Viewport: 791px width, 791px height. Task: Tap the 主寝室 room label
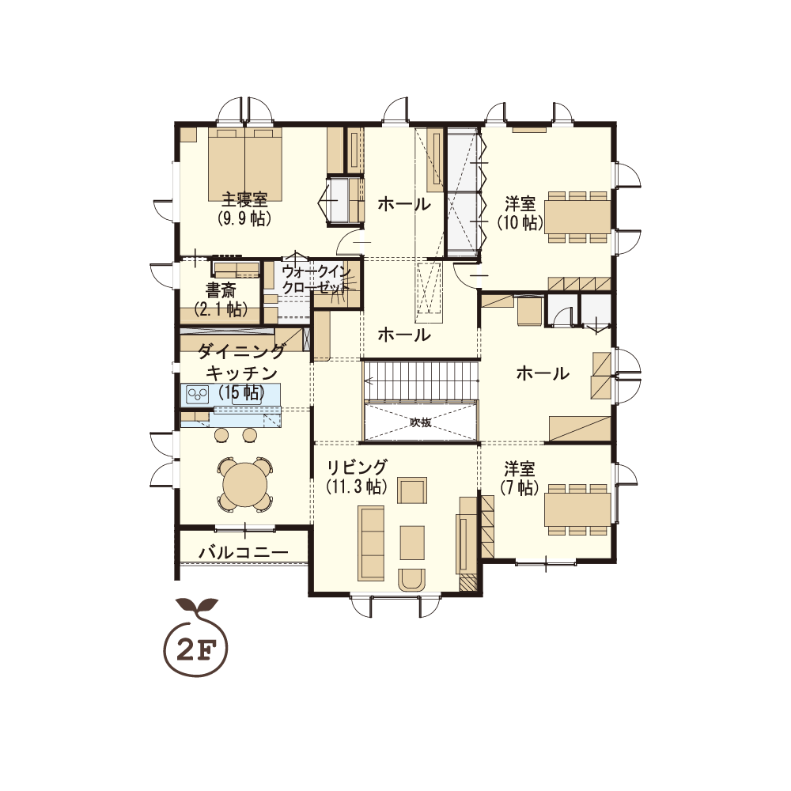pos(244,200)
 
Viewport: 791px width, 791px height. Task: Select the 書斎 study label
pos(221,290)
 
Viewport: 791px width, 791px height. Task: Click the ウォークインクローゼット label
pos(316,279)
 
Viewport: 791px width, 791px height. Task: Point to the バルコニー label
pos(243,552)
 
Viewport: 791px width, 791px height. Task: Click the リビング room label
pos(358,467)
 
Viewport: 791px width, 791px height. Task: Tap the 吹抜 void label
pos(420,422)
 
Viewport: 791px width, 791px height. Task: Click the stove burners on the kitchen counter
pos(198,393)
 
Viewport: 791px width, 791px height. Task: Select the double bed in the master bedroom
pos(245,165)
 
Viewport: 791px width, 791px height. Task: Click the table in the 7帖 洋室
pos(577,509)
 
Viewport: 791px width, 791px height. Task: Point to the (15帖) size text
pos(241,392)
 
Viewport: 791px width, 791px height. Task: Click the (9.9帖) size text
pos(244,218)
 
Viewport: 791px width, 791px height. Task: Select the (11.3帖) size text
pos(357,486)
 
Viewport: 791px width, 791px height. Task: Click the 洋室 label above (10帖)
pos(520,204)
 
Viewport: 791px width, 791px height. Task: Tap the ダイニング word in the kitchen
pos(241,350)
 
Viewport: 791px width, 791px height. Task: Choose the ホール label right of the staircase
pos(543,373)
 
